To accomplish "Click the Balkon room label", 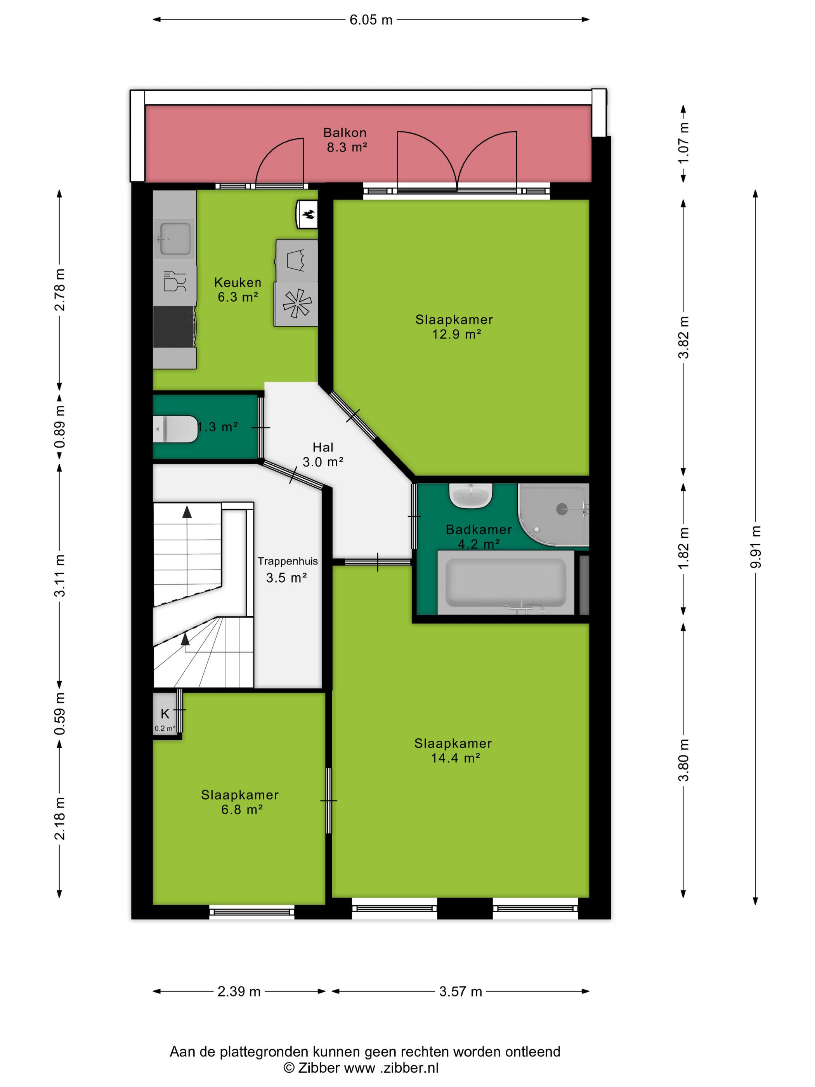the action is click(x=345, y=133).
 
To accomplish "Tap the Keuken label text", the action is click(x=238, y=283).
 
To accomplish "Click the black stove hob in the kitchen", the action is click(x=174, y=327).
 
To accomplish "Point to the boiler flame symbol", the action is click(x=309, y=214).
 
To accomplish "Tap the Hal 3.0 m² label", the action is click(x=323, y=455).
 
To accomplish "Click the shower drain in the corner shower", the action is click(x=562, y=509).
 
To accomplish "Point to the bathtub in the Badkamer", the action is click(x=506, y=582).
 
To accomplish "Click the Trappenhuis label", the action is click(x=288, y=561).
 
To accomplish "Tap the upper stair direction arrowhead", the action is click(x=187, y=512).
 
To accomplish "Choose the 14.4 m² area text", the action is click(x=455, y=758).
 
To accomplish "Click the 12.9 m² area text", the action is click(x=456, y=334).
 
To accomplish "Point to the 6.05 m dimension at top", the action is click(x=371, y=20).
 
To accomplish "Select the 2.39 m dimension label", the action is click(x=239, y=991).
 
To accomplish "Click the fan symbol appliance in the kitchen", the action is click(x=297, y=303).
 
